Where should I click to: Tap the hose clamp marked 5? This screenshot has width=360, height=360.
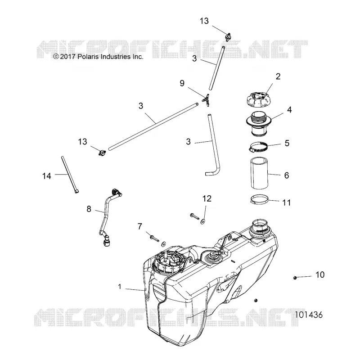tap(258, 147)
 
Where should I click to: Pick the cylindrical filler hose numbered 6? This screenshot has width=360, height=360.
tap(259, 173)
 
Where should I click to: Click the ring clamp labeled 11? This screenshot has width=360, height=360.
tap(259, 199)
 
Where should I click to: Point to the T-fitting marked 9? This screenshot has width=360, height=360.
tap(206, 100)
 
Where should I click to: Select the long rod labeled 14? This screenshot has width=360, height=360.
tap(70, 175)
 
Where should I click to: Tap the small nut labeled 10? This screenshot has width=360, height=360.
tap(295, 278)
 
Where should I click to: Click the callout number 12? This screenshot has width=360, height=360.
tap(207, 198)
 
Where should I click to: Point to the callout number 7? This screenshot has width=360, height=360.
tap(140, 226)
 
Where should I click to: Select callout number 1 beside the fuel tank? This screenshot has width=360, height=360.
tap(119, 287)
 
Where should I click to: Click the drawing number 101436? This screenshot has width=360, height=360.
tap(309, 315)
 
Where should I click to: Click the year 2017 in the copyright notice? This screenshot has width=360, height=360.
tap(68, 57)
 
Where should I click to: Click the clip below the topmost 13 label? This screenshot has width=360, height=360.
tap(228, 37)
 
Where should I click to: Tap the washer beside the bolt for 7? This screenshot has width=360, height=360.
tap(164, 244)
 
